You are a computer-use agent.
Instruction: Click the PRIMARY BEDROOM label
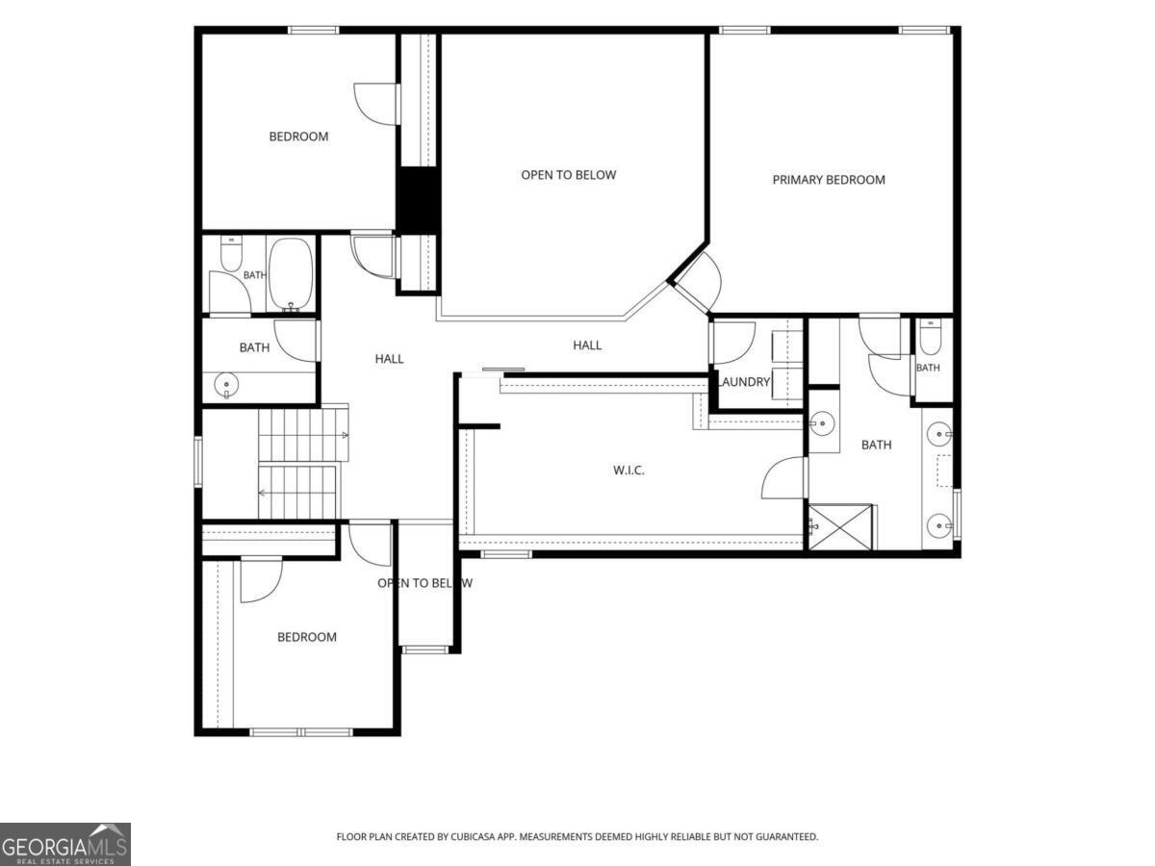[x=829, y=180]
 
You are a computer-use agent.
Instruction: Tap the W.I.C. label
[x=629, y=471]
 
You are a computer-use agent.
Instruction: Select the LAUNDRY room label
[x=744, y=382]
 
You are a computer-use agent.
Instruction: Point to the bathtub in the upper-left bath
[x=291, y=274]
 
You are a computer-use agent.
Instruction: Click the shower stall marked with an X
[x=840, y=527]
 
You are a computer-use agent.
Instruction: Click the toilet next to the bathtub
[x=230, y=253]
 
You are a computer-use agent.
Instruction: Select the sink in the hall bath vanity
[x=226, y=385]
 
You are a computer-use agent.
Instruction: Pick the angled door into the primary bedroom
[x=698, y=284]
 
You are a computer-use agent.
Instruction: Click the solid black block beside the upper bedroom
[x=418, y=200]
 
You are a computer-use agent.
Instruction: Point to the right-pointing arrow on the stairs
[x=345, y=435]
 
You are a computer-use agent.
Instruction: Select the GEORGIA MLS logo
[x=65, y=844]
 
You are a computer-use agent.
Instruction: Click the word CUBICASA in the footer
[x=474, y=836]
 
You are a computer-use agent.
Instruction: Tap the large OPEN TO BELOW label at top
[x=568, y=175]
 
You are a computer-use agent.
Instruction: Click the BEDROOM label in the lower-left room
[x=307, y=637]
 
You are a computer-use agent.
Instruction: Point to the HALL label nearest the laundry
[x=587, y=345]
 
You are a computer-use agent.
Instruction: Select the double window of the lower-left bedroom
[x=301, y=732]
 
